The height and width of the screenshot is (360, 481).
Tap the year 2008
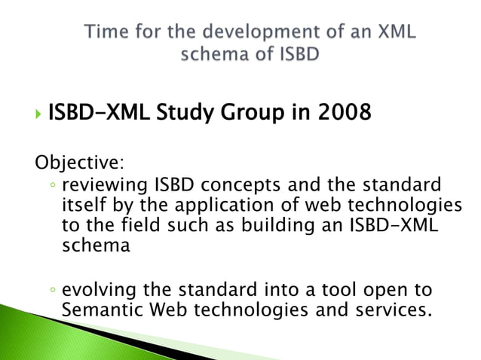click(344, 114)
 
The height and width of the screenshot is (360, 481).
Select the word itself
click(81, 206)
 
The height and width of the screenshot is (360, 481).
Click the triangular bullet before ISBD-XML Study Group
click(38, 115)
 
